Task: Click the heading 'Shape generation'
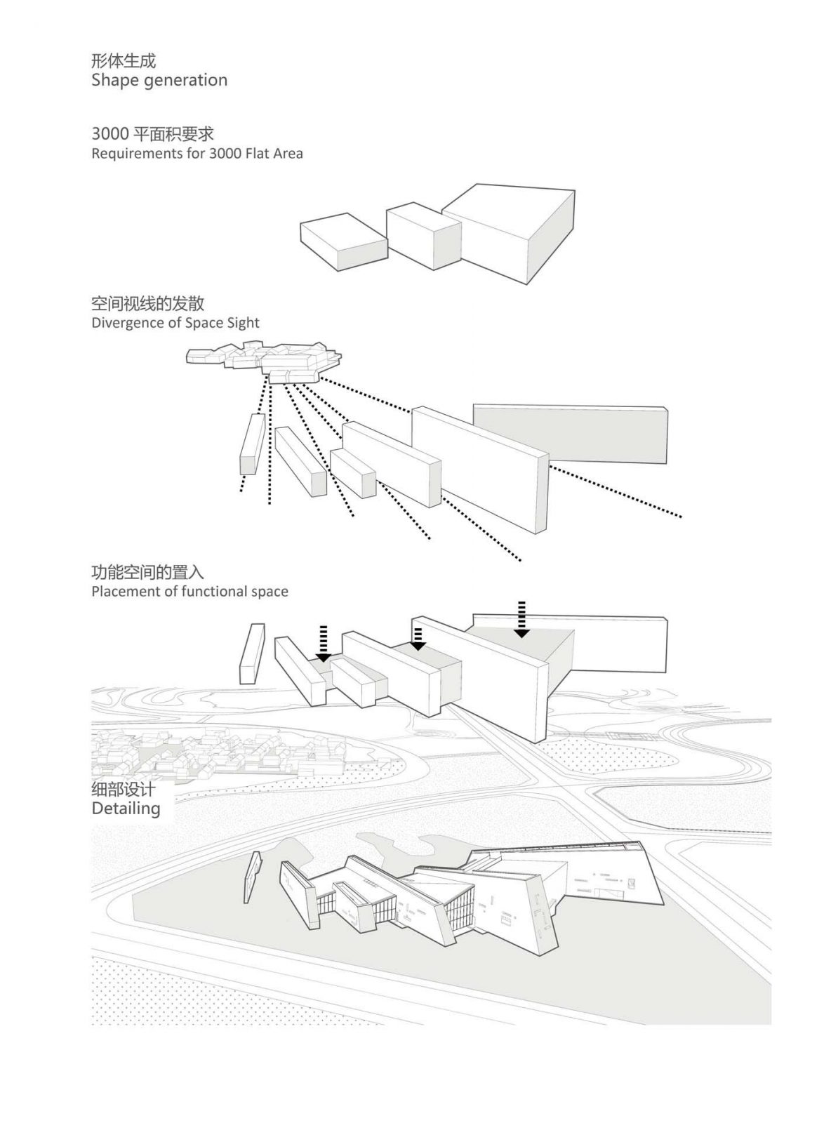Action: pyautogui.click(x=159, y=80)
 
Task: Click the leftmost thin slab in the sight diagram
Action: pyautogui.click(x=252, y=444)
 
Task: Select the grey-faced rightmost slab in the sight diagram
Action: pyautogui.click(x=570, y=434)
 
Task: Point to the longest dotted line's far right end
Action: pyautogui.click(x=679, y=516)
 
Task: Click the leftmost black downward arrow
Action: pyautogui.click(x=323, y=644)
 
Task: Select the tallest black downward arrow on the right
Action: pyautogui.click(x=521, y=619)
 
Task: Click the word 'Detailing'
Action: pyautogui.click(x=126, y=809)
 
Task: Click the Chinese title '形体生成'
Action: pyautogui.click(x=123, y=60)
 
